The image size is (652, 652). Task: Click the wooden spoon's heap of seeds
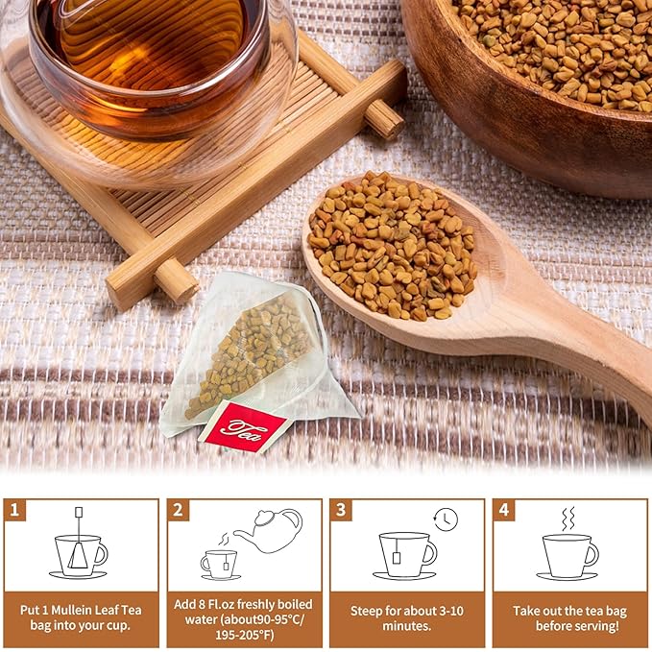coord(392,246)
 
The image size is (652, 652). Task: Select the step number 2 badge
coord(179,509)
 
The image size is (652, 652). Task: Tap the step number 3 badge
coord(341,509)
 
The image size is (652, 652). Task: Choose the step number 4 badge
coord(504,509)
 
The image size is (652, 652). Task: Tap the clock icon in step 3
coord(446,519)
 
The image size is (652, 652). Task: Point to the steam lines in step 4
coord(567,519)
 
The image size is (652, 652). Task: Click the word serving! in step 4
coord(595,626)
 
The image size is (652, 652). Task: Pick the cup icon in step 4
coord(569,556)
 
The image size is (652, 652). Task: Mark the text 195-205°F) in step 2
coord(244,635)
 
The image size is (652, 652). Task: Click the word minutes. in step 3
coord(407,626)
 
